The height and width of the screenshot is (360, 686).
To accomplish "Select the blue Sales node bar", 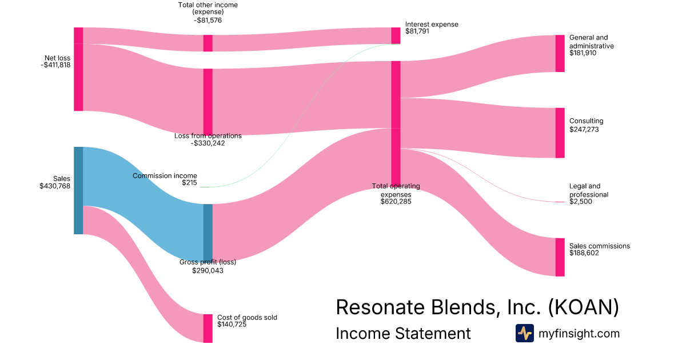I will pyautogui.click(x=78, y=190).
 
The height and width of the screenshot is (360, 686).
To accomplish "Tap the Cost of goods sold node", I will pyautogui.click(x=208, y=328).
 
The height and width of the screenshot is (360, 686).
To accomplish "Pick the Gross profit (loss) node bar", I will pyautogui.click(x=208, y=232).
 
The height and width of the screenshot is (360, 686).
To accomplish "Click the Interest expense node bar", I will pyautogui.click(x=396, y=35).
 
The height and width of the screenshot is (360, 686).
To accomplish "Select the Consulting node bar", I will pyautogui.click(x=560, y=133).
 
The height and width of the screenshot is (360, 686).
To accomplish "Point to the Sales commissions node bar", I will pyautogui.click(x=560, y=257).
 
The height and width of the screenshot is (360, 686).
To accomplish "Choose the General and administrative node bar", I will pyautogui.click(x=560, y=53).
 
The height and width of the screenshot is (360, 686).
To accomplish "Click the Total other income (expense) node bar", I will pyautogui.click(x=208, y=43).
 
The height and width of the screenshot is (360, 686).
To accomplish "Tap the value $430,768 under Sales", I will pyautogui.click(x=55, y=186).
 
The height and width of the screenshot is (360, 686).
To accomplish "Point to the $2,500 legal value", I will pyautogui.click(x=581, y=202).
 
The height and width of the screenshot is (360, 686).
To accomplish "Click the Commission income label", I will pyautogui.click(x=165, y=175).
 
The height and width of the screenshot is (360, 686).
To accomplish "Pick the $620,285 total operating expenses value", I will pyautogui.click(x=396, y=202).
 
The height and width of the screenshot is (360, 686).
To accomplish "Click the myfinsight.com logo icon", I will pyautogui.click(x=524, y=333).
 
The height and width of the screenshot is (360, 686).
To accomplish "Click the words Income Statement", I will pyautogui.click(x=403, y=334).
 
